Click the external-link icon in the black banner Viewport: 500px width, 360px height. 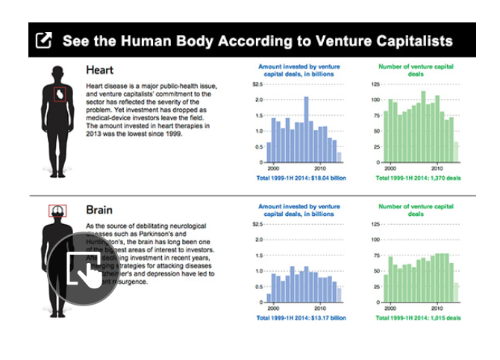pyautogui.click(x=44, y=40)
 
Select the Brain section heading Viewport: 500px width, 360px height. pyautogui.click(x=99, y=211)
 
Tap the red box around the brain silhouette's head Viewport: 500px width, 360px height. pyautogui.click(x=58, y=211)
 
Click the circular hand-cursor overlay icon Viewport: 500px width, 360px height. pyautogui.click(x=84, y=270)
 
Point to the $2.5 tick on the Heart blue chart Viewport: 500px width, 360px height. pyautogui.click(x=257, y=84)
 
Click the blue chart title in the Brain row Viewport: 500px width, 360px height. pyautogui.click(x=296, y=209)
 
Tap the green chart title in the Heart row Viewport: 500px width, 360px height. pyautogui.click(x=416, y=70)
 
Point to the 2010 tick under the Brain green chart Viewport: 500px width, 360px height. pyautogui.click(x=440, y=308)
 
